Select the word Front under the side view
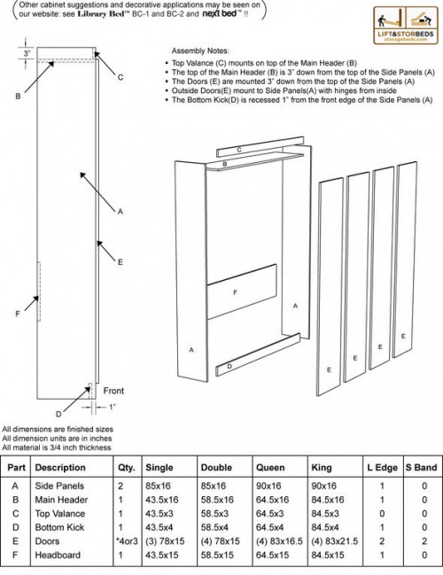[x=113, y=390]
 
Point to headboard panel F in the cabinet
[x=234, y=291]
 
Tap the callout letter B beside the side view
[x=18, y=96]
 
